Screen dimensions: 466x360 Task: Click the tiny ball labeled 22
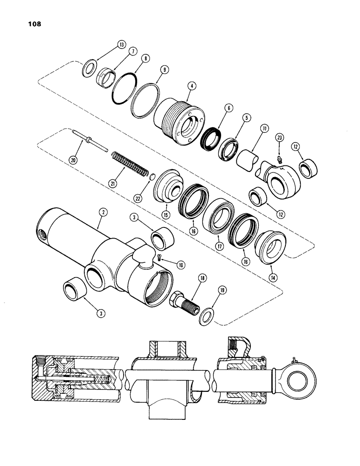tap(152, 177)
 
